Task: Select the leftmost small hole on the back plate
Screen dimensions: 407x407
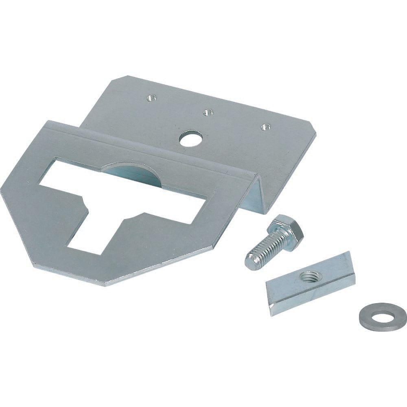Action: click(152, 97)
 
